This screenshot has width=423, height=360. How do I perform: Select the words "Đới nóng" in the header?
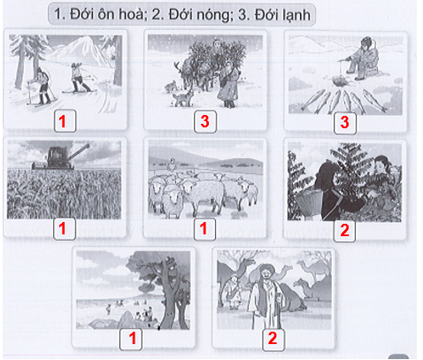pos(187,15)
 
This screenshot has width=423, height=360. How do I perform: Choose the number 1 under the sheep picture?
pos(203,228)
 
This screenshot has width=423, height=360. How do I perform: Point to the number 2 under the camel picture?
pos(273,337)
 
